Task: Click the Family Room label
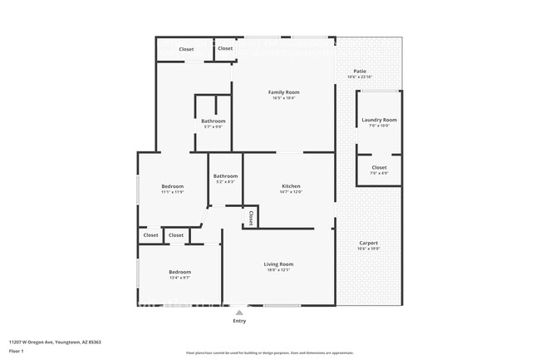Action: click(x=283, y=91)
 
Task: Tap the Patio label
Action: click(x=360, y=72)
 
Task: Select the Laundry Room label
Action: click(x=379, y=120)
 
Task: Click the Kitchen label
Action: click(x=291, y=185)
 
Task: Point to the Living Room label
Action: click(x=278, y=264)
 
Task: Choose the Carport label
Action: click(x=367, y=243)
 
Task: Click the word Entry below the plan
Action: click(x=239, y=320)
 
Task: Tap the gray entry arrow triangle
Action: click(x=239, y=312)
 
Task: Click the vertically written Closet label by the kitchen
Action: click(x=250, y=217)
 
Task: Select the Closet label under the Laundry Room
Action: click(x=379, y=167)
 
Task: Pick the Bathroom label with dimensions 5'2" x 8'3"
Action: click(x=225, y=175)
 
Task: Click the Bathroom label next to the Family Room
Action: click(x=213, y=121)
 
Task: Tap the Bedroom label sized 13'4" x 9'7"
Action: click(x=180, y=272)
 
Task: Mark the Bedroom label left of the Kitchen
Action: click(x=172, y=185)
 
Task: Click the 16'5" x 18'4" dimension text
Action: click(x=283, y=98)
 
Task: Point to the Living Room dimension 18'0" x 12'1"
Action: click(x=278, y=270)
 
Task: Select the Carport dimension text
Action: click(x=367, y=249)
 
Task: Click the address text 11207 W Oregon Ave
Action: click(x=49, y=341)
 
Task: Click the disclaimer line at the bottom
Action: click(x=269, y=353)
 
